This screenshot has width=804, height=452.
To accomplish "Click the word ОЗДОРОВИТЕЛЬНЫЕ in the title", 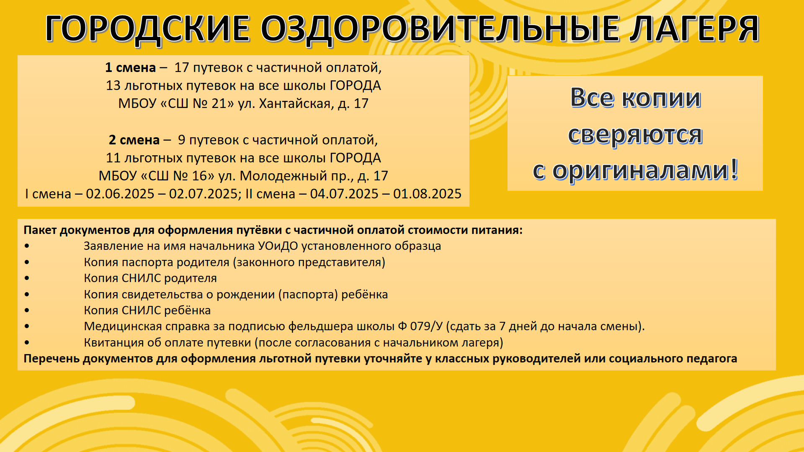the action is pyautogui.click(x=440, y=29).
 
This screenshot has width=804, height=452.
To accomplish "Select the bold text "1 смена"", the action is pyautogui.click(x=130, y=67).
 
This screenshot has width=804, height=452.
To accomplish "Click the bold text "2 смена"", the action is pyautogui.click(x=134, y=140).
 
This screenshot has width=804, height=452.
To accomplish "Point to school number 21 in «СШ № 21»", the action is pyautogui.click(x=219, y=103).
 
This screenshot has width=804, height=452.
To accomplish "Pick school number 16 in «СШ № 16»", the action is pyautogui.click(x=199, y=176).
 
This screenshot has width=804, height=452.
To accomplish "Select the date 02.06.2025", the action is pyautogui.click(x=120, y=194).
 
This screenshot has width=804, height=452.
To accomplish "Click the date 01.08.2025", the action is pyautogui.click(x=427, y=194).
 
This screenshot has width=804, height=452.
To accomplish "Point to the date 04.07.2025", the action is pyautogui.click(x=344, y=194).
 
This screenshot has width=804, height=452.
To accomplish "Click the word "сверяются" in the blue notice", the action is pyautogui.click(x=635, y=135).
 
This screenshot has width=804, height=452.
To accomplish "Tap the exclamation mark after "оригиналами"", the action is pyautogui.click(x=734, y=169).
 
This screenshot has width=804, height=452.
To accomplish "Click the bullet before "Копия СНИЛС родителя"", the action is pyautogui.click(x=27, y=278).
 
